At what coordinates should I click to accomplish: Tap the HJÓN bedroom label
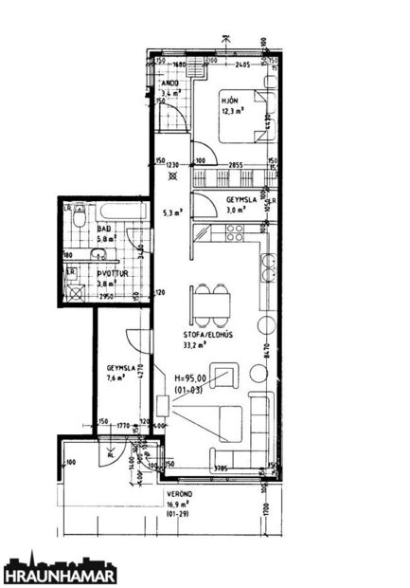click(x=230, y=100)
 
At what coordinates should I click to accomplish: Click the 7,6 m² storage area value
click(x=115, y=377)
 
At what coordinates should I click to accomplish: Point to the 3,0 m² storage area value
click(x=236, y=210)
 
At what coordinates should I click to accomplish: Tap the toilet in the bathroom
click(x=81, y=217)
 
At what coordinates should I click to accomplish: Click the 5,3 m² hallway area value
click(x=171, y=212)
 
